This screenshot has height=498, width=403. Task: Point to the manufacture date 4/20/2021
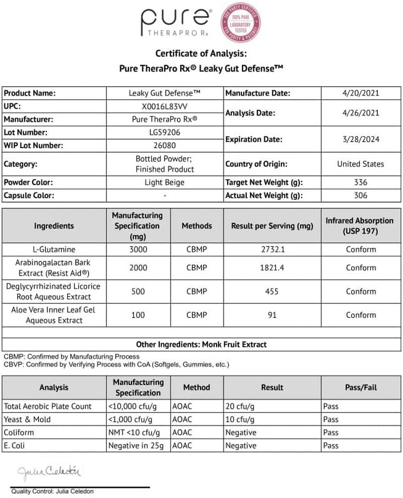click(360, 93)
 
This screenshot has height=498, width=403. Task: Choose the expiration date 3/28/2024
click(360, 139)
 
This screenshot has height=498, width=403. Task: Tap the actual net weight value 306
click(360, 196)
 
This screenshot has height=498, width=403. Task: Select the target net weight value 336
click(360, 182)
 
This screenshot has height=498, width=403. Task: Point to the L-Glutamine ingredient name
click(54, 250)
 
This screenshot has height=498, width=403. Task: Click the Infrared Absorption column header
click(360, 226)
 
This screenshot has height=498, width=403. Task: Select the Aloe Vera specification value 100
click(138, 315)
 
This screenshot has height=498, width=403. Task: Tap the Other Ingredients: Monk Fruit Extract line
click(201, 344)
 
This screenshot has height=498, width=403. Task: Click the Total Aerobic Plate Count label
click(48, 406)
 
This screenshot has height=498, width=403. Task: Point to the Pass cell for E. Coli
click(330, 446)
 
